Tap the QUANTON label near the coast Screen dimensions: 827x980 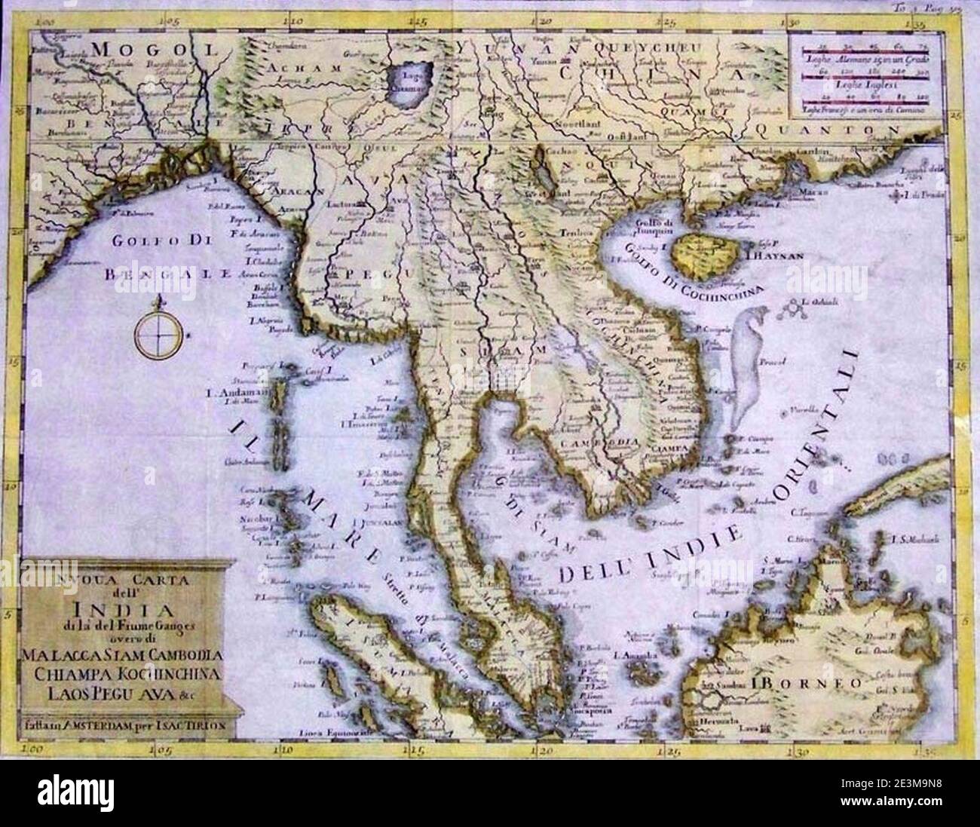(x=837, y=130)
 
